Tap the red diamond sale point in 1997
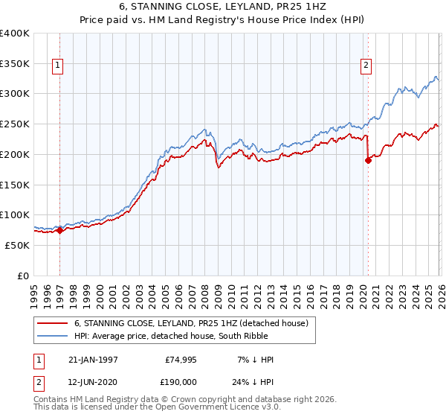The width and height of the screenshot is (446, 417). tap(59, 230)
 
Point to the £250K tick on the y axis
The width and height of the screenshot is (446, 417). tap(15, 124)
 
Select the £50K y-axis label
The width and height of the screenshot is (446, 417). tap(18, 245)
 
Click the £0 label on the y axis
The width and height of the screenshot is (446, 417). tap(23, 276)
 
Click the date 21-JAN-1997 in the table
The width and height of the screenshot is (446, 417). tap(93, 360)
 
